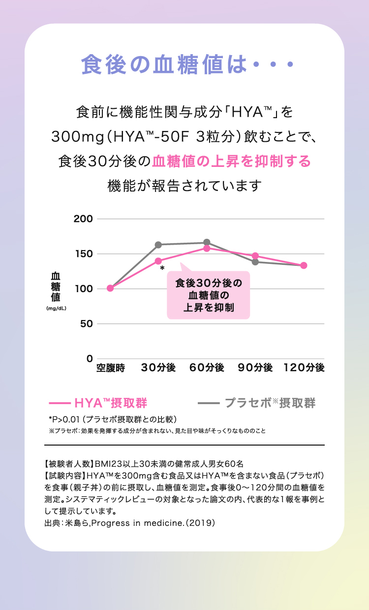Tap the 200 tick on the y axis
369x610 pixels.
[83, 219]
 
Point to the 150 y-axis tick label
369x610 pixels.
[83, 254]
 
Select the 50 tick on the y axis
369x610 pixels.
[87, 324]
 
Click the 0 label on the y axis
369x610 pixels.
[90, 358]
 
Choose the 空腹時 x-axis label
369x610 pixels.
[110, 368]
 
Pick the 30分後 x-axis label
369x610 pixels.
[158, 368]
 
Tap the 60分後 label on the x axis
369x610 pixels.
[207, 368]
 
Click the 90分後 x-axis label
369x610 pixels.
[255, 368]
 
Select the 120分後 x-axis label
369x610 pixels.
[304, 368]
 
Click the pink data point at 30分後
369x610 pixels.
[158, 261]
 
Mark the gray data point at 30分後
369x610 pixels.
[158, 245]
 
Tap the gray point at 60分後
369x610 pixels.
[207, 242]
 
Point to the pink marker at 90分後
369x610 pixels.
[255, 256]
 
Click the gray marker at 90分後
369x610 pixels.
[255, 262]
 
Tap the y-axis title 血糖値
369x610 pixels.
[56, 287]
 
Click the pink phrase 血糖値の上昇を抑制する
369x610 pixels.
[231, 161]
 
